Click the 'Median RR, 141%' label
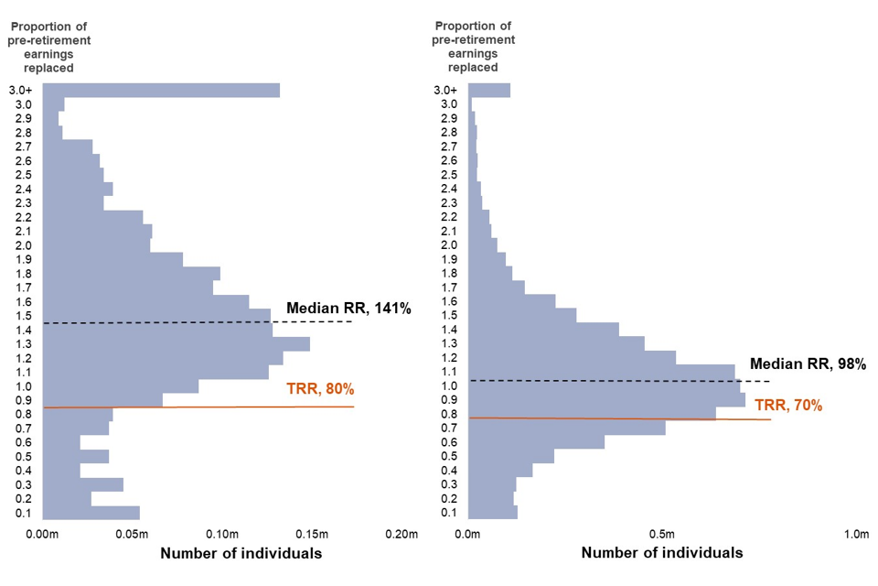click(x=348, y=308)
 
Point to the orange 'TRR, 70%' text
click(x=787, y=405)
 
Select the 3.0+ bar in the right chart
click(x=489, y=90)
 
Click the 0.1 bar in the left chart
click(x=91, y=513)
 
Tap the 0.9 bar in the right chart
click(x=606, y=399)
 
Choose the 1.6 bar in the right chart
click(x=512, y=301)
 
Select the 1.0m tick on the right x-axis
click(x=854, y=535)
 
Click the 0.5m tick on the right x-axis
click(x=661, y=535)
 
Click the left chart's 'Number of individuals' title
click(x=241, y=553)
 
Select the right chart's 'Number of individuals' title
click(x=661, y=553)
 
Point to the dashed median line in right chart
click(x=622, y=380)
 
